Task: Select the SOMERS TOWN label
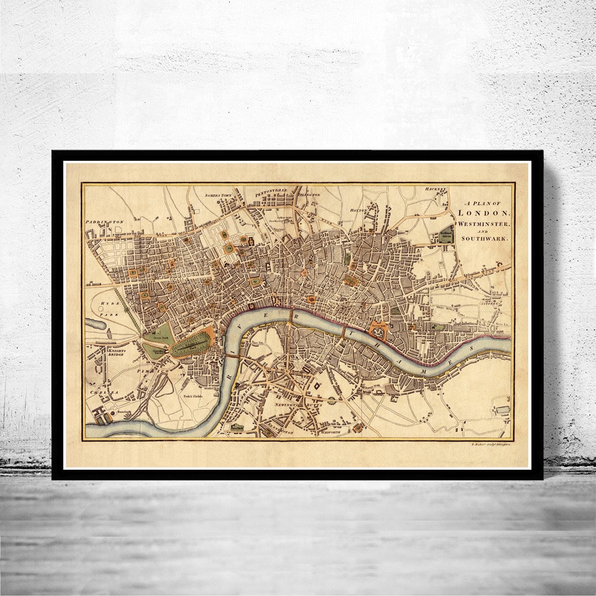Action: pyautogui.click(x=218, y=195)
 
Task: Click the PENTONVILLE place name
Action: pyautogui.click(x=271, y=191)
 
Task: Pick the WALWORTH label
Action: pyautogui.click(x=330, y=432)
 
